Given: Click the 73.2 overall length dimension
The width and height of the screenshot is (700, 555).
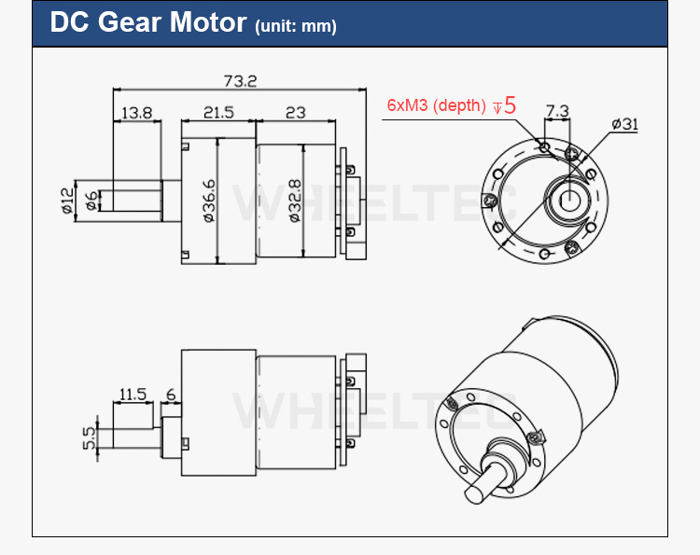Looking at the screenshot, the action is coord(240,81).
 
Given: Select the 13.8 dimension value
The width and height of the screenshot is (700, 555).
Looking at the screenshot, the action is coord(136,113).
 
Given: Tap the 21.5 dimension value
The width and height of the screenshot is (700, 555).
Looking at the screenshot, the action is coord(218,113).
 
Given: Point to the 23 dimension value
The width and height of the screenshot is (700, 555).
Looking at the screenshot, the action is coord(296,113).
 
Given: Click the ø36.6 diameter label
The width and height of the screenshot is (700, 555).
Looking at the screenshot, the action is coord(209,201).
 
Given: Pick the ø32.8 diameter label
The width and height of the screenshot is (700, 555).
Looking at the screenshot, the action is coord(295,201).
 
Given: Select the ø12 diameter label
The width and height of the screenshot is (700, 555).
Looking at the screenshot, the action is coord(67,201).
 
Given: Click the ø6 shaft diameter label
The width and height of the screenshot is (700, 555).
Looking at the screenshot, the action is coord(91,201).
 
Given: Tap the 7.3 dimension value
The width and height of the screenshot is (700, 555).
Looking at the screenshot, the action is coord(557,111).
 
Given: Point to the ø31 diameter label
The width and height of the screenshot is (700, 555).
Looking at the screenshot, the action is coord(624,124).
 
